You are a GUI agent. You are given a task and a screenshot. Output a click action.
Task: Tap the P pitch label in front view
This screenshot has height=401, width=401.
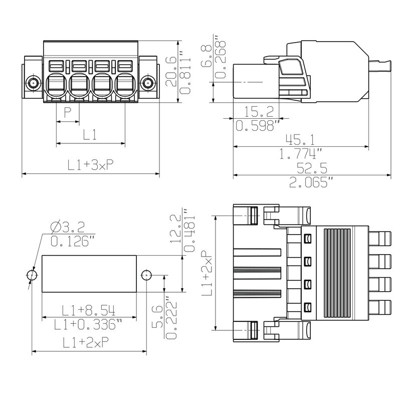tap(67, 111)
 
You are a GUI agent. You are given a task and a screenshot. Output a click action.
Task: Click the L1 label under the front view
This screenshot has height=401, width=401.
tap(89, 134)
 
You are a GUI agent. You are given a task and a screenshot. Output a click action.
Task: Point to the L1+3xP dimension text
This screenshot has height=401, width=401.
tap(90, 165)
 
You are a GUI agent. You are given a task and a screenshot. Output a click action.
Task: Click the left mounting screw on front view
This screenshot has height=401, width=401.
tap(33, 83)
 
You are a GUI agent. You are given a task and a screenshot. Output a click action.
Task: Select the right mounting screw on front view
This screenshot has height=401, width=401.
tap(147, 83)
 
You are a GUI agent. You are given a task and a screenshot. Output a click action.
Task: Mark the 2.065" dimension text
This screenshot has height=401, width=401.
tap(311, 182)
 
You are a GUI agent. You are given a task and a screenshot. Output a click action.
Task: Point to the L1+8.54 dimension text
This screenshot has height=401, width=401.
tap(88, 310)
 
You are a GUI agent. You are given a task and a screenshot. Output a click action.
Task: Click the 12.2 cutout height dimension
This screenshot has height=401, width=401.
tap(174, 229)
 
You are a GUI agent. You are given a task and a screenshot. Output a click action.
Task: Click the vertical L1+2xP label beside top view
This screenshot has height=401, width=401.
tap(207, 273)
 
